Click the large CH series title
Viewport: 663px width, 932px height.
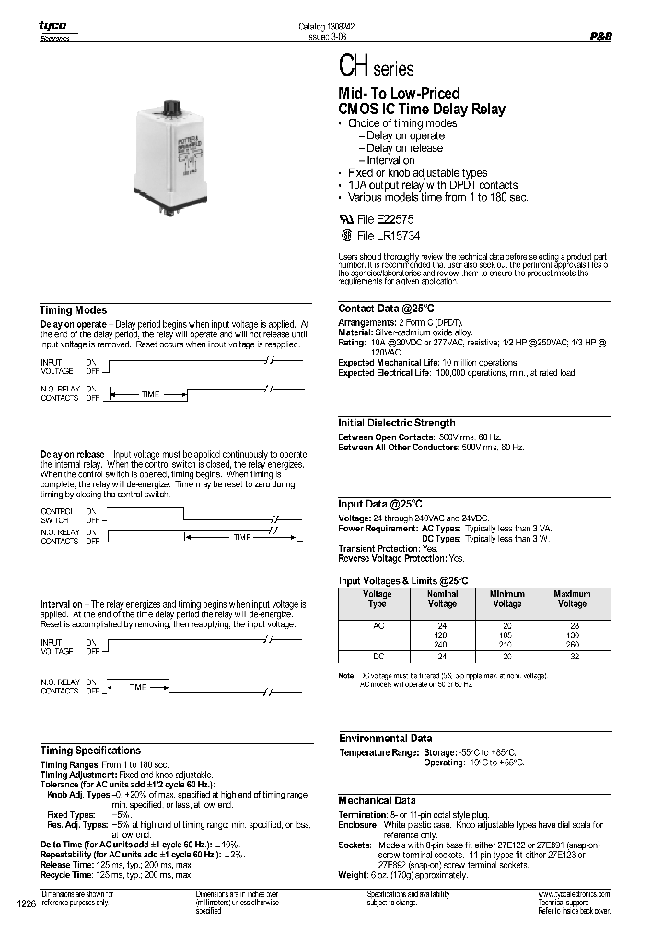378,69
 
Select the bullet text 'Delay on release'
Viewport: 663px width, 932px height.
404,148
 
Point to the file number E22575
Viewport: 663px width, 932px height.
391,220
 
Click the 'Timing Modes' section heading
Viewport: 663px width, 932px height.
74,310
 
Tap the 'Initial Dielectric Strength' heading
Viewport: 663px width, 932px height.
397,423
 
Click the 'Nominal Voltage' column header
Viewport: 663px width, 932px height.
442,599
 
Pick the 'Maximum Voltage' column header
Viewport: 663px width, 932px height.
572,599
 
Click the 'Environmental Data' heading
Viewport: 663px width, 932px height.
385,739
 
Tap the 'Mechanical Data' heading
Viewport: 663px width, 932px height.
377,800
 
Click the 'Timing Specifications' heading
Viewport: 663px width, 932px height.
90,751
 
